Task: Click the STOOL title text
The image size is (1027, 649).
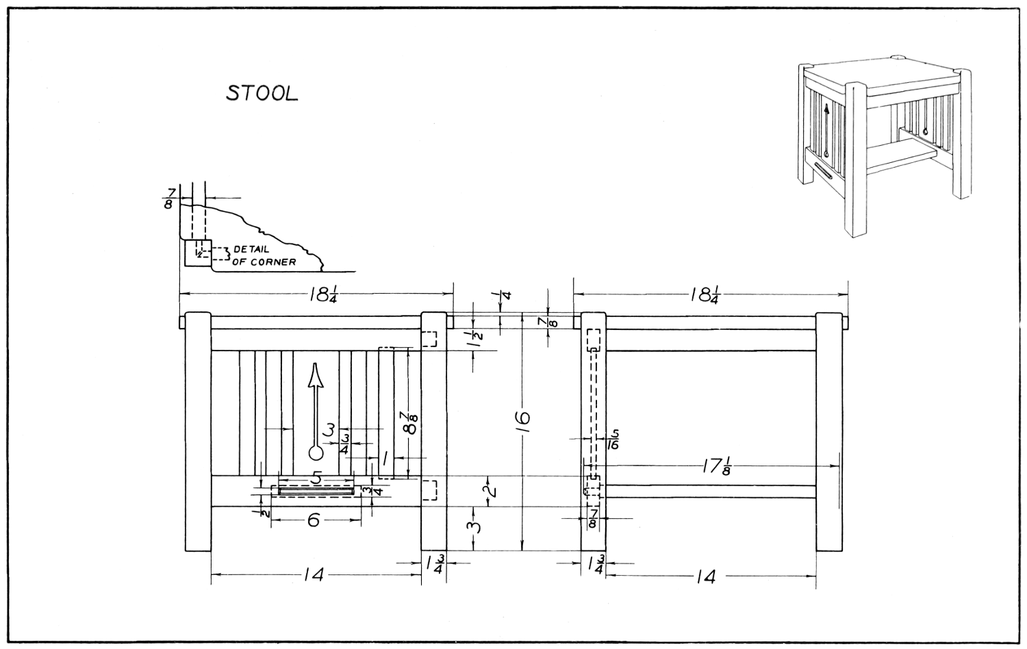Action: pos(262,94)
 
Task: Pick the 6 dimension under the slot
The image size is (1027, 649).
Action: pos(314,520)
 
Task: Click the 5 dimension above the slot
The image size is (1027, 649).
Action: pos(316,478)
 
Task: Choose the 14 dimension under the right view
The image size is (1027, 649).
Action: pos(705,576)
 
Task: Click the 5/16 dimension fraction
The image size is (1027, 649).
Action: pos(613,438)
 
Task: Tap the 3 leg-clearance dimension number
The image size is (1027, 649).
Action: pos(476,527)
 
